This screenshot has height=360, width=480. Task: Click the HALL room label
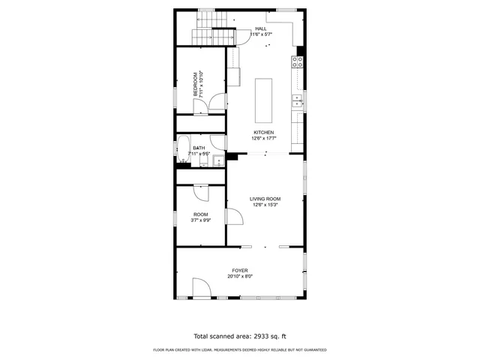pos(260,29)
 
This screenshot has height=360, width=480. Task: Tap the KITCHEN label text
pos(262,133)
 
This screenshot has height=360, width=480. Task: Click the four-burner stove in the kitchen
pos(298,62)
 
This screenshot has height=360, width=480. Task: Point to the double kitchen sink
pos(298,97)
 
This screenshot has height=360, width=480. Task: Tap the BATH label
pos(199,148)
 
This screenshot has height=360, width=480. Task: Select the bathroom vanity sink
pos(217,160)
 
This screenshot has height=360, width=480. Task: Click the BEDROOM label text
pos(196,84)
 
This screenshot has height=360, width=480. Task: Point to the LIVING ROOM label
pos(265,199)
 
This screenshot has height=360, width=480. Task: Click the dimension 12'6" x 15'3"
pos(265,205)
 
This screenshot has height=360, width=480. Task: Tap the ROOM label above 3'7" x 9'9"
pos(200,214)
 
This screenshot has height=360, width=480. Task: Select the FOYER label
pos(240,270)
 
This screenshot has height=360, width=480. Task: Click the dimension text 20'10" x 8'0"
pos(240,276)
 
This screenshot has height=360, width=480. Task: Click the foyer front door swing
pos(200,289)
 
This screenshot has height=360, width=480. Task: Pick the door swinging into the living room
pos(233,217)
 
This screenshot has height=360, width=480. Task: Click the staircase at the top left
pos(211,28)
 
